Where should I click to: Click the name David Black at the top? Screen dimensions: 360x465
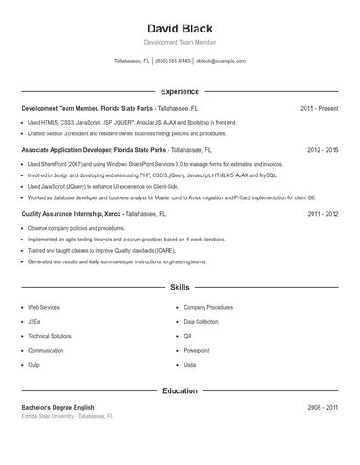pyautogui.click(x=180, y=29)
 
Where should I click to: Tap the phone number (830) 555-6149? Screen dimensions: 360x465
pyautogui.click(x=174, y=61)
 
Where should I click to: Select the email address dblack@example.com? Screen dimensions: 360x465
pyautogui.click(x=220, y=61)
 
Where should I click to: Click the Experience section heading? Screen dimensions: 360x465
pyautogui.click(x=180, y=91)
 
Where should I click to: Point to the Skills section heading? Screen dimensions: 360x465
pyautogui.click(x=180, y=287)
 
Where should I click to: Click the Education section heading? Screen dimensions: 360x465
pyautogui.click(x=180, y=390)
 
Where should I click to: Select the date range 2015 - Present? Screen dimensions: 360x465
pyautogui.click(x=319, y=108)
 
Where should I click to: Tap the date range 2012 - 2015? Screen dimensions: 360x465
pyautogui.click(x=322, y=150)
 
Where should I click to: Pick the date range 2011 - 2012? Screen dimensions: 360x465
pyautogui.click(x=322, y=213)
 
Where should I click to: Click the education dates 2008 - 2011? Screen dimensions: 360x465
pyautogui.click(x=322, y=407)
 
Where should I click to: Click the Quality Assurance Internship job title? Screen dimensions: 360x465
pyautogui.click(x=59, y=213)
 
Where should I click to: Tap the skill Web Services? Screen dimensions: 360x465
pyautogui.click(x=44, y=308)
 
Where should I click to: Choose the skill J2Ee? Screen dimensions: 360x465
pyautogui.click(x=35, y=322)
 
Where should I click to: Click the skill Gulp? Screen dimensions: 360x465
pyautogui.click(x=34, y=364)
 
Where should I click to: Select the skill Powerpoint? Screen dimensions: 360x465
pyautogui.click(x=197, y=350)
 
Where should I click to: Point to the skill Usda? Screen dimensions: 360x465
pyautogui.click(x=190, y=364)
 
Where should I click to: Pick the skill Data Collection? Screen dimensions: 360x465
pyautogui.click(x=201, y=322)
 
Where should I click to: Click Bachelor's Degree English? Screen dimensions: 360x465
pyautogui.click(x=57, y=407)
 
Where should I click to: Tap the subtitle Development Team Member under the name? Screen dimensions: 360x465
pyautogui.click(x=180, y=42)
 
